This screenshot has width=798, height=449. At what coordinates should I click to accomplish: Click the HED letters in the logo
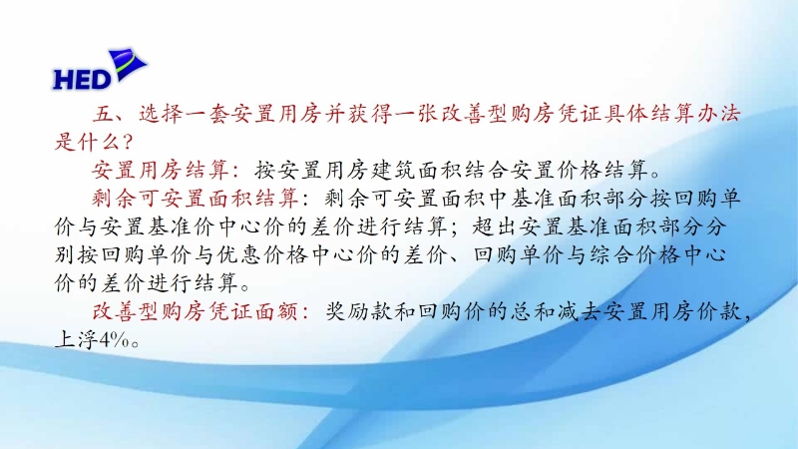click(x=82, y=80)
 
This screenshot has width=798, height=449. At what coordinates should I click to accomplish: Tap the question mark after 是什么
click(x=128, y=142)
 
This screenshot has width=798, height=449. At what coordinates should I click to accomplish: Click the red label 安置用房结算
click(x=161, y=170)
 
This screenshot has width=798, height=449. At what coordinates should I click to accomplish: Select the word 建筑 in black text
click(x=393, y=170)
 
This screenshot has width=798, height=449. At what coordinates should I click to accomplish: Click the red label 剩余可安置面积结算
click(x=196, y=199)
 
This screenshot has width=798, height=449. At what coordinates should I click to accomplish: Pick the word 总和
click(x=531, y=311)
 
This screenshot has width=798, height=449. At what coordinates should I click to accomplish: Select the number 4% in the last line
click(x=114, y=340)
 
